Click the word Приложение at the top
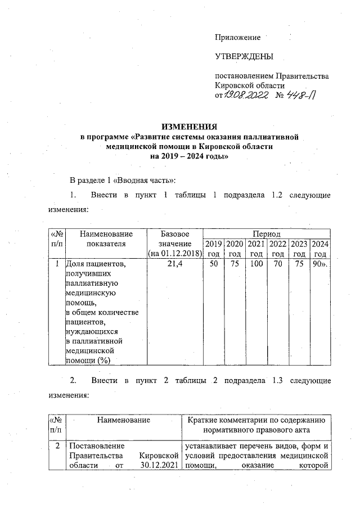pos(238,38)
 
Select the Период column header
pos(266,233)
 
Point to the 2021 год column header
pos(256,249)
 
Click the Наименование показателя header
pos(106,238)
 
